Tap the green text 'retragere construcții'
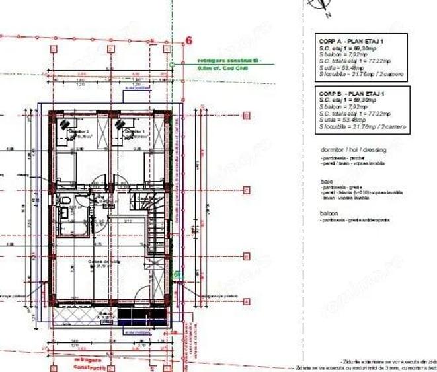click(x=219, y=59)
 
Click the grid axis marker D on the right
click(x=246, y=116)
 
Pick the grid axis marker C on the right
click(x=246, y=188)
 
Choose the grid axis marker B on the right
click(x=246, y=256)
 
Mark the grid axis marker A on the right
click(x=246, y=301)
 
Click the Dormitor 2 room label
click(x=79, y=133)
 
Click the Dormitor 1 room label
click(x=136, y=133)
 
